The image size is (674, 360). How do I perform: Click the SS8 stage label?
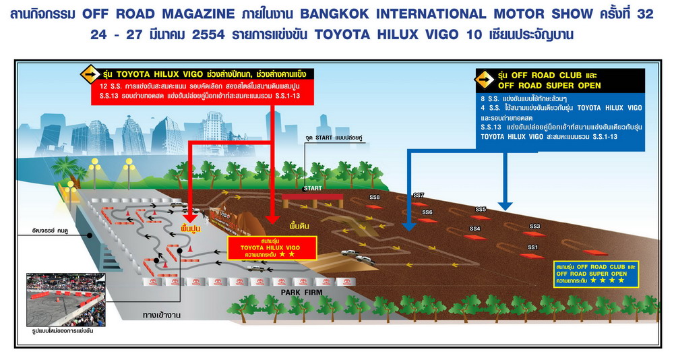[375, 197]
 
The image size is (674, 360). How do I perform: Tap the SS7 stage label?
[419, 196]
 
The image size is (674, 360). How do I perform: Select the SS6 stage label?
[427, 212]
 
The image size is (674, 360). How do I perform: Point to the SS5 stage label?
[481, 209]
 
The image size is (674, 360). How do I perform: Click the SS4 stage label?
[475, 229]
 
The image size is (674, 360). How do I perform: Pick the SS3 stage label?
[535, 226]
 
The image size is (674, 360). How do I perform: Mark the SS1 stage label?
[532, 247]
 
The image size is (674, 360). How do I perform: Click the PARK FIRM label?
[302, 291]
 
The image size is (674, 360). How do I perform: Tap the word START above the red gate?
[313, 188]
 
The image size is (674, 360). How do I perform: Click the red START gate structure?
[313, 200]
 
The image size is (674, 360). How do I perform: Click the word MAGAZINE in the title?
[230, 14]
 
